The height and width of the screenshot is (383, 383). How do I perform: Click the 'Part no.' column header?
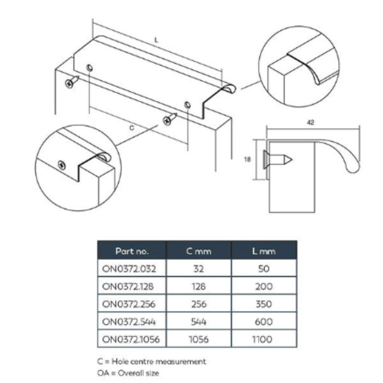(x=132, y=251)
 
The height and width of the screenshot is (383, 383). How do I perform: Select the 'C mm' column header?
(x=199, y=251)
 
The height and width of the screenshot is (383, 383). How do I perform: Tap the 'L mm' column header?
(x=264, y=251)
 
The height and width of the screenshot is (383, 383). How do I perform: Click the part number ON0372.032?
(x=129, y=268)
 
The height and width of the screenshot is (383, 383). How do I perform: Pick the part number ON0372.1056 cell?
(x=131, y=339)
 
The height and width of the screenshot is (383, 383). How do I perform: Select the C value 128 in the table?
(x=199, y=286)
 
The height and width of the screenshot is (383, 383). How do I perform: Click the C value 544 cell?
(x=199, y=322)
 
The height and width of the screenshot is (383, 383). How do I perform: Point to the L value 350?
(x=264, y=304)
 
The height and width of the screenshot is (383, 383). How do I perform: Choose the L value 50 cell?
(x=264, y=268)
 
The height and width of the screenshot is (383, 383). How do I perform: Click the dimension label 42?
(x=310, y=122)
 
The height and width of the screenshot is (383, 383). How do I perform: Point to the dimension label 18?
(x=247, y=159)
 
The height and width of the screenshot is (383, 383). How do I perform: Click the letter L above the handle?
(x=156, y=40)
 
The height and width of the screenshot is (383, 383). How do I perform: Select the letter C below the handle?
(x=132, y=128)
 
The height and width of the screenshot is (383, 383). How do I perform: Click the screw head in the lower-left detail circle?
(x=62, y=165)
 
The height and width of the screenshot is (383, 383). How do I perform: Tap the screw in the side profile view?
(x=278, y=160)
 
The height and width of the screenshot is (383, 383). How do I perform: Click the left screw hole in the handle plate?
(x=90, y=68)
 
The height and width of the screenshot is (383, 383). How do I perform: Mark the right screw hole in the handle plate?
(x=188, y=105)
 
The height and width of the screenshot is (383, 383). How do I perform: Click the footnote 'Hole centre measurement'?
(x=159, y=361)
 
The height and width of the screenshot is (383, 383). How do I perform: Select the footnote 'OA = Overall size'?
(x=128, y=373)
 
